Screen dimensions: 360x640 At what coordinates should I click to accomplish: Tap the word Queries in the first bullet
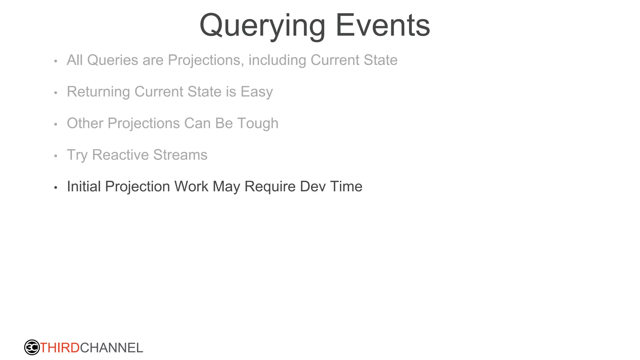(112, 60)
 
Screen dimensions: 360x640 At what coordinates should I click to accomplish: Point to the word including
(277, 60)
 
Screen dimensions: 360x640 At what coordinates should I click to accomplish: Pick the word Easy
(257, 92)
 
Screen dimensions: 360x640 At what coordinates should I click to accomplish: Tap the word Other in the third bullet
(85, 123)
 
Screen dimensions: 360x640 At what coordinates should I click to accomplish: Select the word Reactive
(120, 155)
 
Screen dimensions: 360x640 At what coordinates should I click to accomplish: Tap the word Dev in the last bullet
(312, 187)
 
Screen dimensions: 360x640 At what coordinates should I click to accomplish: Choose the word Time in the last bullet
(346, 187)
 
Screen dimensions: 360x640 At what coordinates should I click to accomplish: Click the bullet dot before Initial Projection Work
(56, 187)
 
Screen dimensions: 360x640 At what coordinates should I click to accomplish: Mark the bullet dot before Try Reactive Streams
(56, 156)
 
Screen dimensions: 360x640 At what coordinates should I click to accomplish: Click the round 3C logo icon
(32, 347)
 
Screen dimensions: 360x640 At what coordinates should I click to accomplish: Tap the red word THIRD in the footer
(60, 348)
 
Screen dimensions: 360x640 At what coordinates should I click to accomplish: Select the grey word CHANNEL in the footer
(112, 348)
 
